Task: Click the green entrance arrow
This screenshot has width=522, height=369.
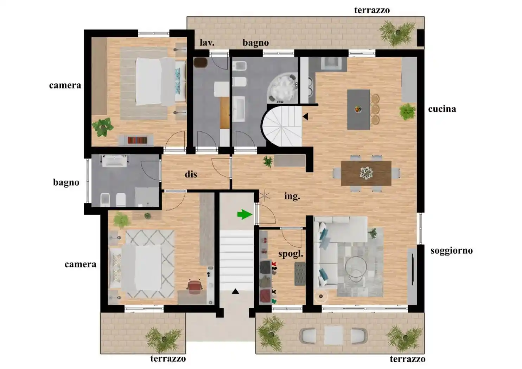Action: pos(245,214)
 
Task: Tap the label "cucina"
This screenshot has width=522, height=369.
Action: pos(442,109)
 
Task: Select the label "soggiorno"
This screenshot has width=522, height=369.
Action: pos(451,251)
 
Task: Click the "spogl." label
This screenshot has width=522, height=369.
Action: pos(291,254)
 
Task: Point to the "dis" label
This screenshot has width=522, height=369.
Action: pos(191,174)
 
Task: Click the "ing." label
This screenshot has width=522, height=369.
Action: pos(292,196)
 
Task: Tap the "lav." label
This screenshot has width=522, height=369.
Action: pos(207,43)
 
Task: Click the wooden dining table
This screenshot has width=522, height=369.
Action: pos(366,173)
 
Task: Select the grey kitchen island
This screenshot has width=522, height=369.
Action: pos(358,109)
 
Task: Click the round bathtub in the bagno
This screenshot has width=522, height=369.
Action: pos(282,88)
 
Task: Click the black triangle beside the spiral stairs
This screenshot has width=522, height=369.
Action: pos(305,116)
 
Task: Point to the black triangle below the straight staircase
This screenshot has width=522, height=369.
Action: pos(235,291)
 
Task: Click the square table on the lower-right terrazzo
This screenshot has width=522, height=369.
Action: pos(333,335)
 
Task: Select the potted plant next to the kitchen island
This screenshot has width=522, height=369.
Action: pos(407,111)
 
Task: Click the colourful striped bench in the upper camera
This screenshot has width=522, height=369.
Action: pos(137,140)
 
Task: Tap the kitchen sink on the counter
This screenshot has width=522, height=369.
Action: pos(331,63)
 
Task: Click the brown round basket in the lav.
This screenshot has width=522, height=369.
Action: pos(200,63)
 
